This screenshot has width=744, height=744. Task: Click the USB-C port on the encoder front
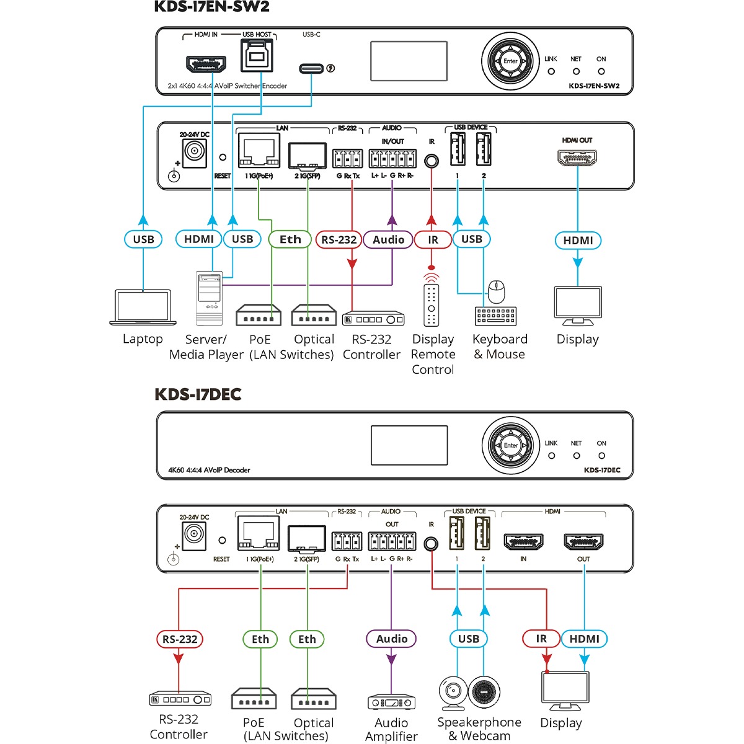coord(311,68)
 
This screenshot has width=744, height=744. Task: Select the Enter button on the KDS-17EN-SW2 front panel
coord(510,61)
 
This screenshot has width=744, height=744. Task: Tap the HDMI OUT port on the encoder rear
coord(577,157)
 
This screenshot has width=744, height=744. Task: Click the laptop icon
coord(143,307)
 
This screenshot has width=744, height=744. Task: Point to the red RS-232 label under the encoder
coord(339,239)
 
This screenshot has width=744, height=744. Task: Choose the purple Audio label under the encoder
coord(388,239)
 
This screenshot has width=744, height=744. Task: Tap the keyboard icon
coord(495,316)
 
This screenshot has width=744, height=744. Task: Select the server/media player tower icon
coord(209,298)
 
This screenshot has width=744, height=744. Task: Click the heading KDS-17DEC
coord(198,394)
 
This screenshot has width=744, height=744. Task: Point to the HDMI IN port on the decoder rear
coord(524,542)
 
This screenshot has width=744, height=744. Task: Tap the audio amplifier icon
coord(391,702)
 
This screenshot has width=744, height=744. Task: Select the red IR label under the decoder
coord(541,639)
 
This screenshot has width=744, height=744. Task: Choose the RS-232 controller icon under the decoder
coord(180,699)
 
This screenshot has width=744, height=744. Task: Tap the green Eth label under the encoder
coord(290,239)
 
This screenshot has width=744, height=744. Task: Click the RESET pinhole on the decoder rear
coord(222,541)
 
